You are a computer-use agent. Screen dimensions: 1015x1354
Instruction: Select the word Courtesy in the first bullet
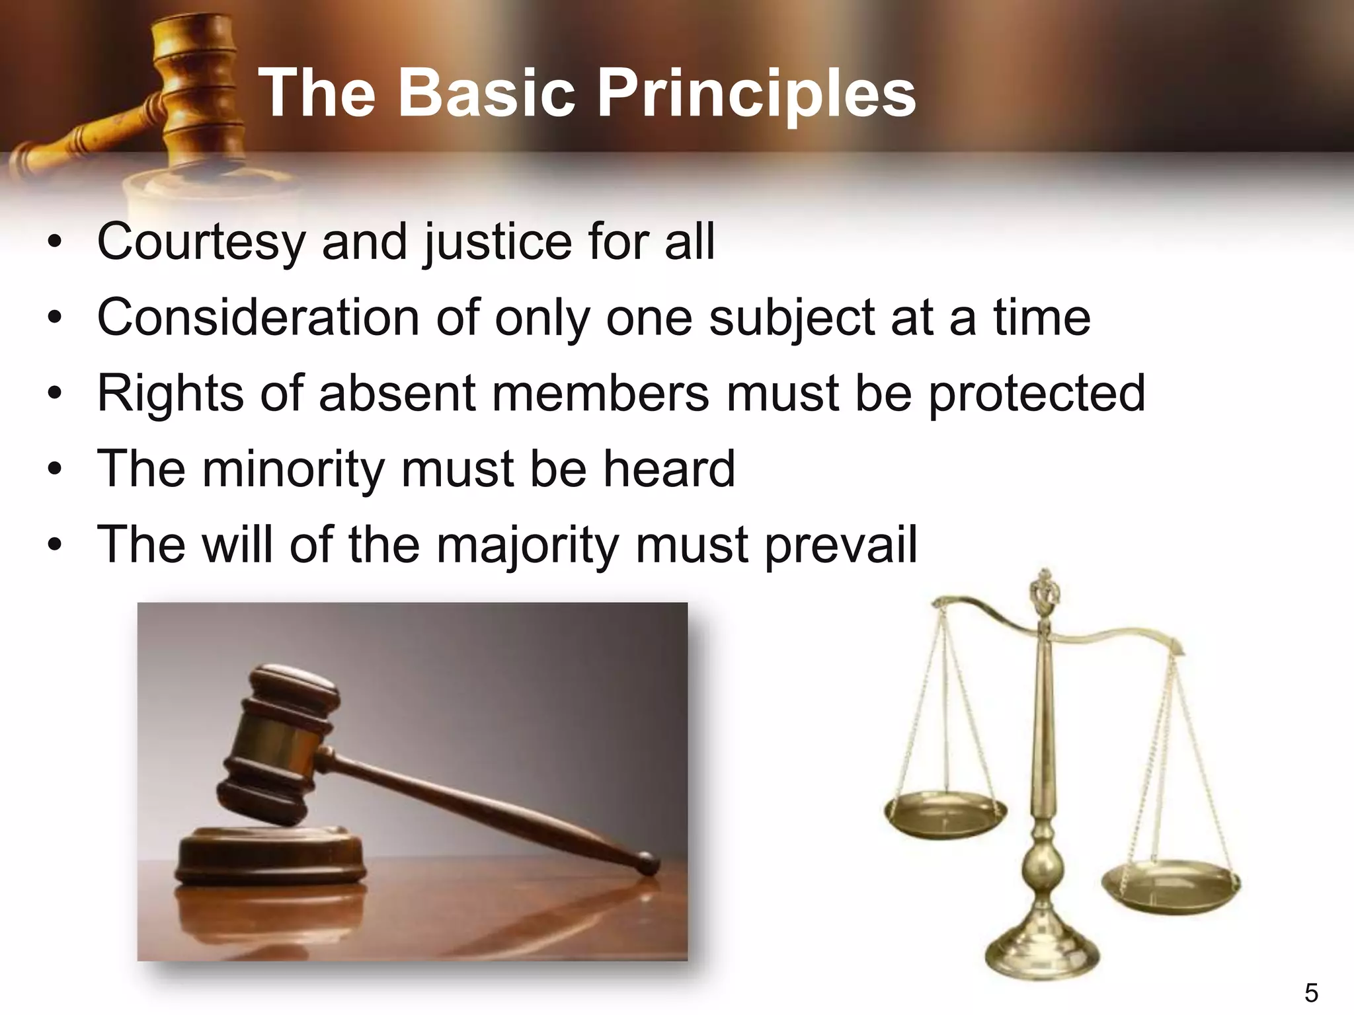point(200,242)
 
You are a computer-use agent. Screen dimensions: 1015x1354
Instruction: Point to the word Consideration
point(258,318)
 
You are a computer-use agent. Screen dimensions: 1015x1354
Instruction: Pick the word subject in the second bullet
point(791,318)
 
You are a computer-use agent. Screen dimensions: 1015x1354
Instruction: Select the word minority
point(293,469)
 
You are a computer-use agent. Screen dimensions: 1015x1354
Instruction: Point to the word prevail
point(840,546)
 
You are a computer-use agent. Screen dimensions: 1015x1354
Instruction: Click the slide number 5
point(1311,993)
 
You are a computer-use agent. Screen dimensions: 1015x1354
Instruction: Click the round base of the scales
point(1042,952)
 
